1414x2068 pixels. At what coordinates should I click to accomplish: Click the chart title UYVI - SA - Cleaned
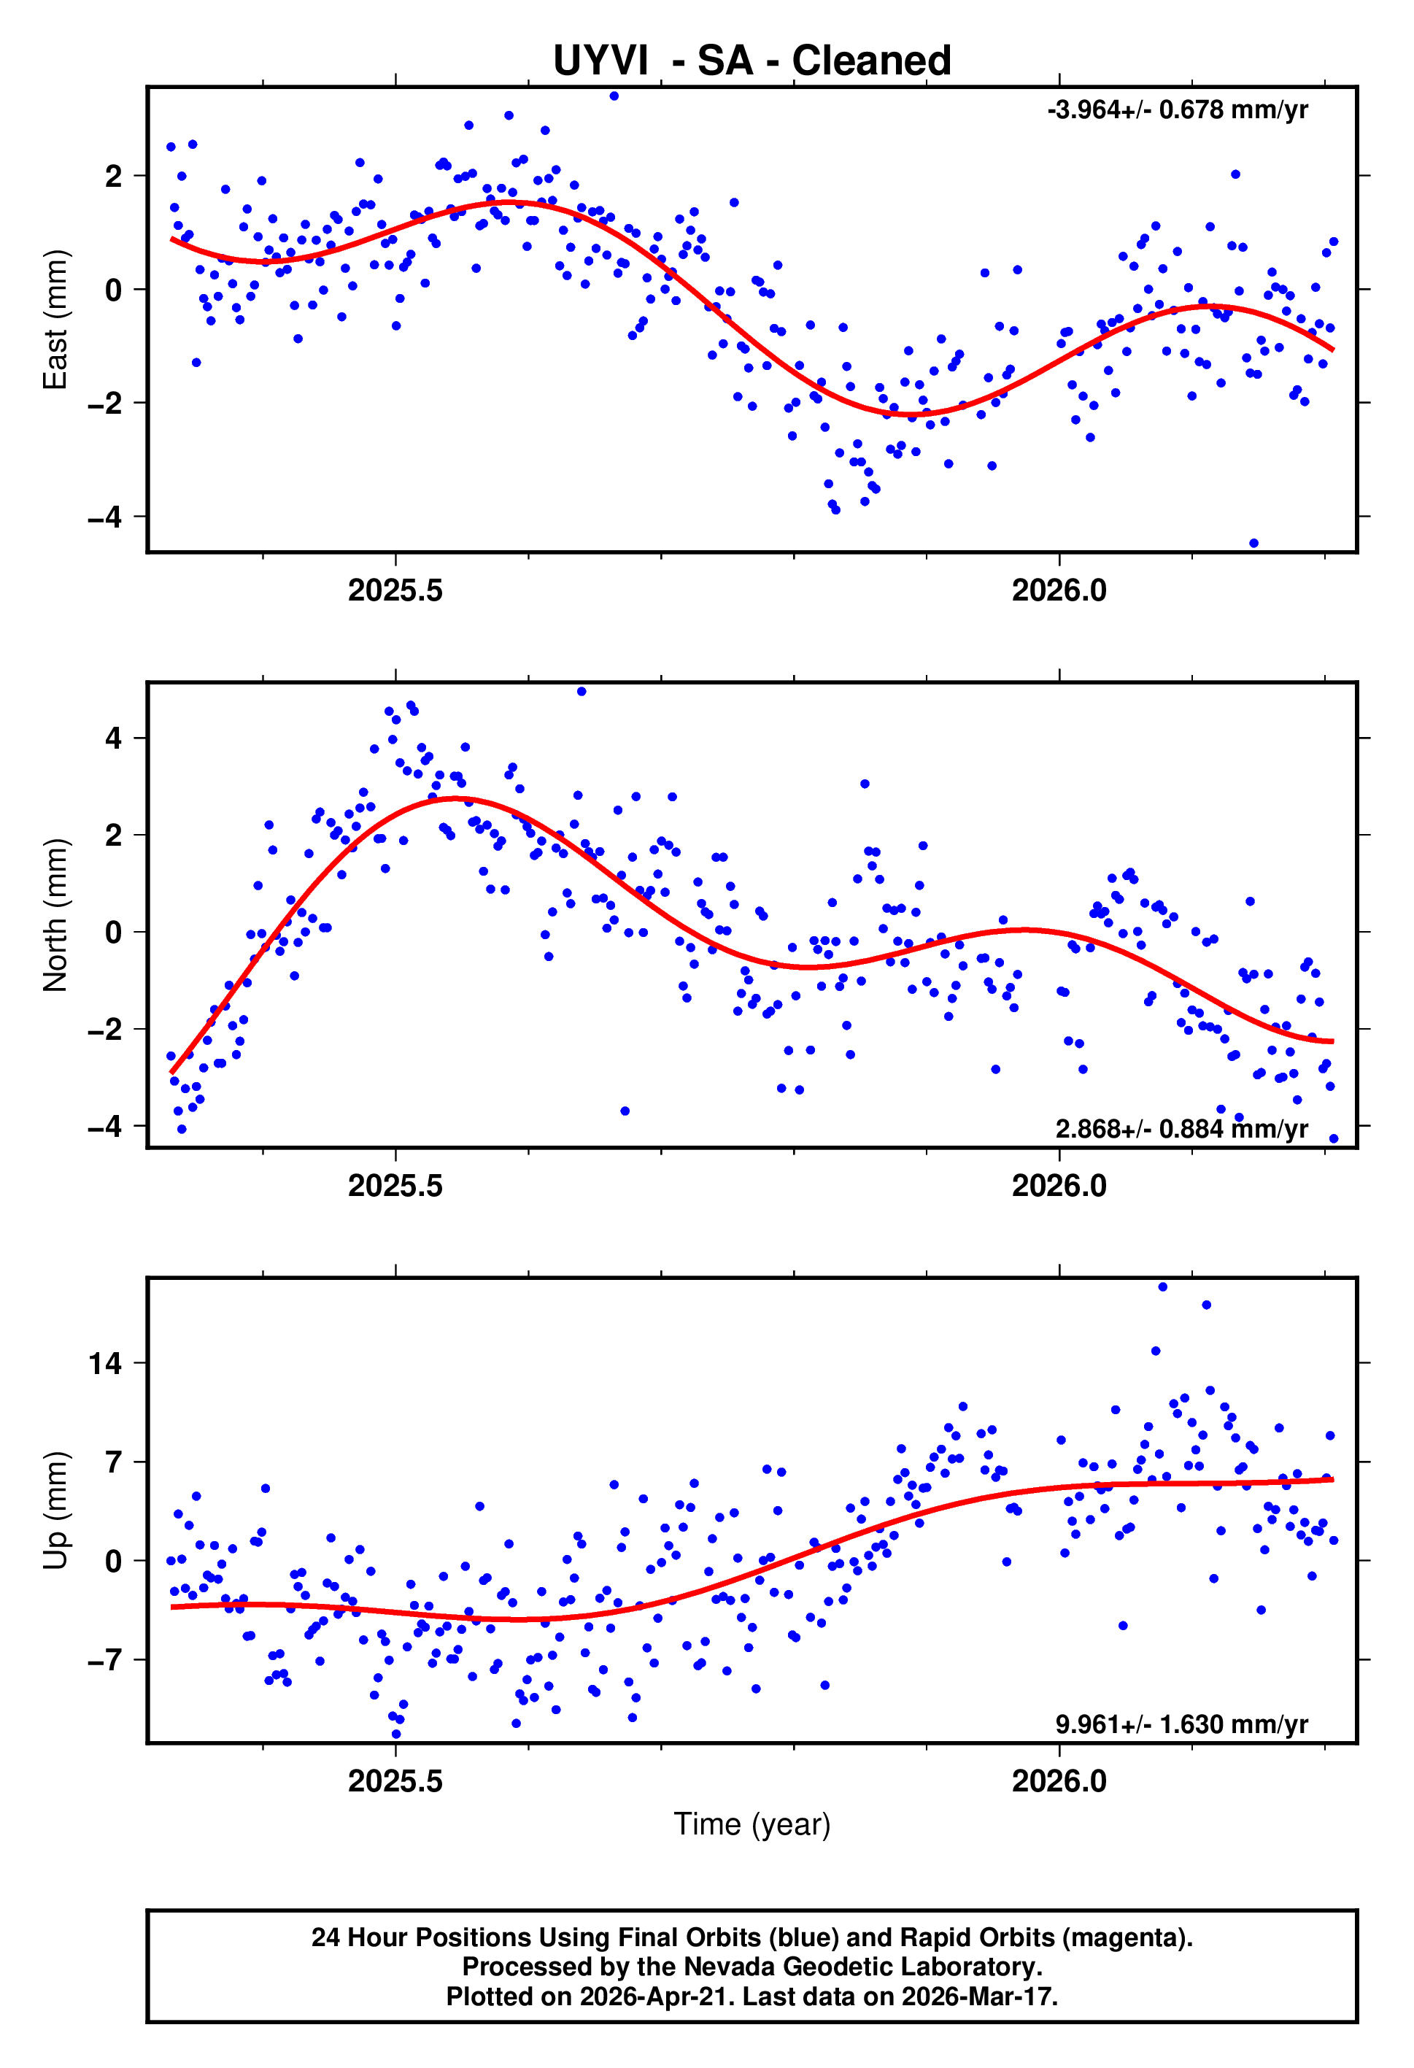(752, 61)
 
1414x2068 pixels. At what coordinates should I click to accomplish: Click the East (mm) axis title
(55, 320)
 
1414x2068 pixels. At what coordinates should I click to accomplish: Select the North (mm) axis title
(55, 915)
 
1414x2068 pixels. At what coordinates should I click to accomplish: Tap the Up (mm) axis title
(55, 1510)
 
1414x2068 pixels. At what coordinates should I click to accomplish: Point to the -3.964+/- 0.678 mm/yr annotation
(1178, 110)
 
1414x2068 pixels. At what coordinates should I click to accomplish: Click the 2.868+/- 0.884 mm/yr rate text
(1181, 1129)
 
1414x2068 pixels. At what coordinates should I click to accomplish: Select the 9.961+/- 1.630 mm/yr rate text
(1181, 1724)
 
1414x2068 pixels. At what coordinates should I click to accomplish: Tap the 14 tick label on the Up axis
(105, 1363)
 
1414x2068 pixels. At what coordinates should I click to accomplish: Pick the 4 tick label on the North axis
(113, 738)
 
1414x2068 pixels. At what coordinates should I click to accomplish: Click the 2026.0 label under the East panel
(1059, 591)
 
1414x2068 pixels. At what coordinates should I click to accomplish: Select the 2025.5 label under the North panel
(395, 1187)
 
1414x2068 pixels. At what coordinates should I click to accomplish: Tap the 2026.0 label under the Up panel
(1059, 1781)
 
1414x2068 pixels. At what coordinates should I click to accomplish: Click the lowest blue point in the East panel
(1253, 543)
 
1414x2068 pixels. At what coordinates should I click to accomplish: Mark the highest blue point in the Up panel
(1162, 1286)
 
